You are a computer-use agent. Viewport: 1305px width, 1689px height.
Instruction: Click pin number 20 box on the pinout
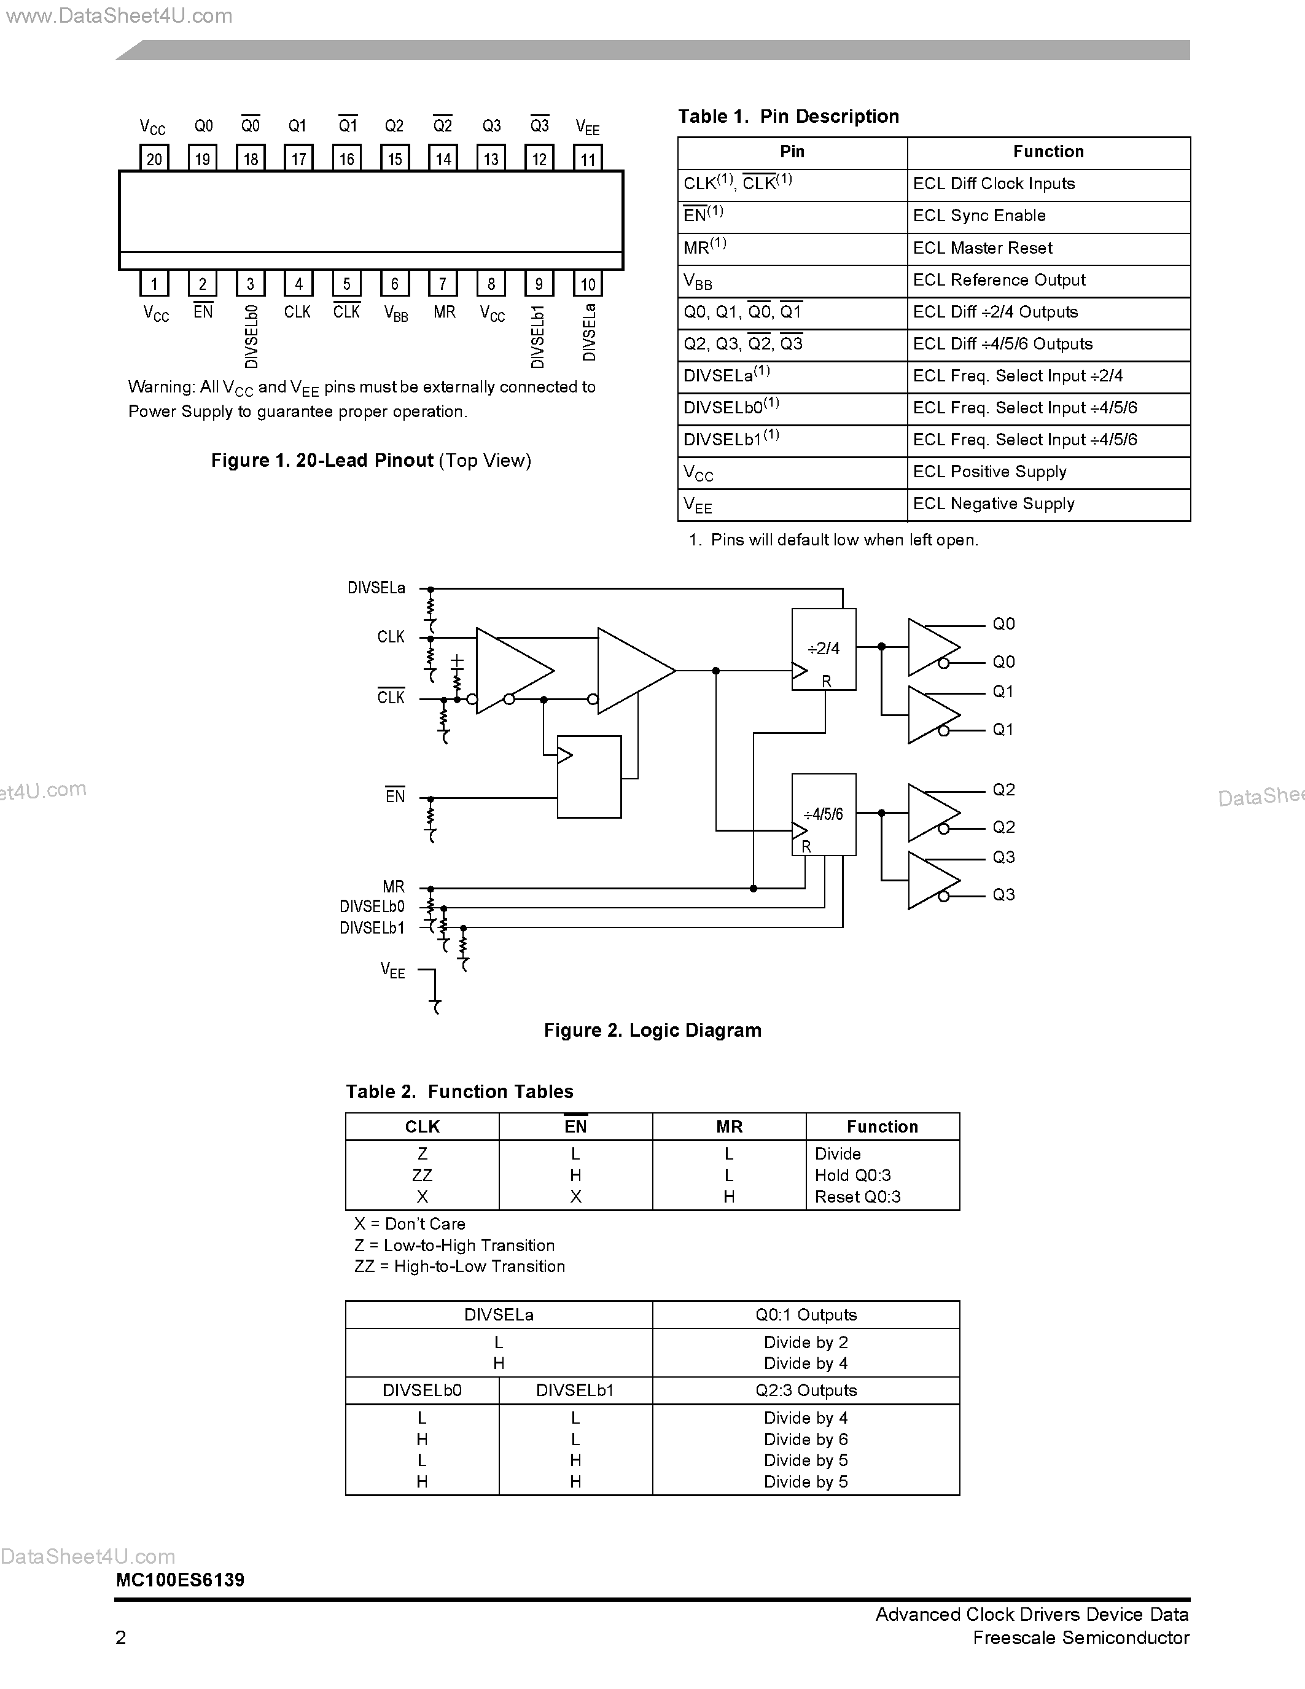[x=154, y=158]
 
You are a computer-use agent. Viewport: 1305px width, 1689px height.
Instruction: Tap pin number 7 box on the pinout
[x=442, y=284]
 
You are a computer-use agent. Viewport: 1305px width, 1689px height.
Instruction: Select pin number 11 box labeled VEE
[x=588, y=158]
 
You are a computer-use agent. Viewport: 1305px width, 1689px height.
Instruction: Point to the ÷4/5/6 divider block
[x=824, y=814]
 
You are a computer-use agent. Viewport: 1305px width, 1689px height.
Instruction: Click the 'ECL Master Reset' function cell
[x=983, y=248]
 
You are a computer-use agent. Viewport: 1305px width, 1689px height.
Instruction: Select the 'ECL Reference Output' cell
[x=999, y=280]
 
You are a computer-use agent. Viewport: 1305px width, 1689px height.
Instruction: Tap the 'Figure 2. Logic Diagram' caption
[x=652, y=1030]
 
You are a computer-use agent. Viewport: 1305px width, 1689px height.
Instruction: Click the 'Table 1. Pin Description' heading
[x=789, y=117]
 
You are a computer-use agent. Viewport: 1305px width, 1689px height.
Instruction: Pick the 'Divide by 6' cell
[x=806, y=1439]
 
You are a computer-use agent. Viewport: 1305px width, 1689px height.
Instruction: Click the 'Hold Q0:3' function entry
[x=853, y=1175]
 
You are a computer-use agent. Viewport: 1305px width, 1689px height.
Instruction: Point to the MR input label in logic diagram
[x=394, y=887]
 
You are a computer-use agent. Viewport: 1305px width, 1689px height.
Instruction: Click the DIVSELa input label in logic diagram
[x=376, y=588]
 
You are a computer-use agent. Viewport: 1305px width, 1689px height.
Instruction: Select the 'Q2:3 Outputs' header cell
[x=806, y=1391]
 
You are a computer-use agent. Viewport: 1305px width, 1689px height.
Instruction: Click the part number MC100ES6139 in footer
[x=180, y=1580]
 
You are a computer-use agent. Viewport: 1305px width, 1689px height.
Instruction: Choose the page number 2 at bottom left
[x=120, y=1637]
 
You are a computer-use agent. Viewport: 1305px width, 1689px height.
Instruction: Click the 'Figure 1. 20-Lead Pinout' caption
[x=371, y=461]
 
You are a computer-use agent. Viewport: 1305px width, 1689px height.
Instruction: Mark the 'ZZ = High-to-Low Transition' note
[x=460, y=1266]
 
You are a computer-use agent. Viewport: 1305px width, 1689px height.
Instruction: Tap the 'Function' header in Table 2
[x=882, y=1127]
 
